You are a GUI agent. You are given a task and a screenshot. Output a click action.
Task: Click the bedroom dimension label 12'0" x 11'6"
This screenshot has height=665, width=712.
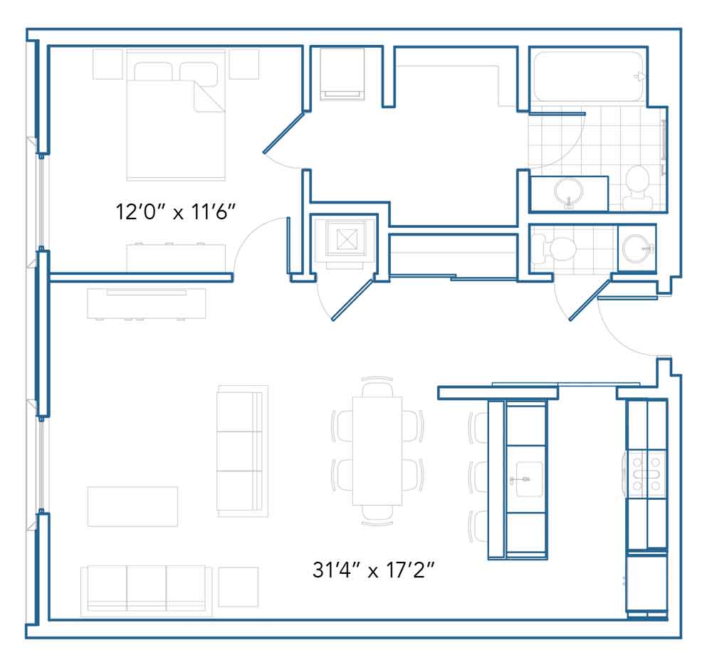(x=176, y=212)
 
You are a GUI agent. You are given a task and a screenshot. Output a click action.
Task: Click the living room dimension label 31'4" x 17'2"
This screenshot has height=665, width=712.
(x=373, y=570)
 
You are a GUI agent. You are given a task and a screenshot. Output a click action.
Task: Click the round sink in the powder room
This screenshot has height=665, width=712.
(x=637, y=248)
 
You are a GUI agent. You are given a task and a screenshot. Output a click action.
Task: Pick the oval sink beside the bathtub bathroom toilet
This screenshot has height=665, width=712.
(x=568, y=193)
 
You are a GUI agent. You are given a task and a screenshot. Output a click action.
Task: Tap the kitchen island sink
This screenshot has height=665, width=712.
(x=526, y=478)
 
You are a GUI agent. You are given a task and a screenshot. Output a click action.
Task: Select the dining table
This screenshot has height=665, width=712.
(x=377, y=451)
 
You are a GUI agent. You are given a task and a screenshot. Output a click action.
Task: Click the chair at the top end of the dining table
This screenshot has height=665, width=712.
(x=377, y=387)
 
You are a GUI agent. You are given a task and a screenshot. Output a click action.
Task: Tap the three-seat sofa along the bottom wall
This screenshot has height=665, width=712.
(x=146, y=591)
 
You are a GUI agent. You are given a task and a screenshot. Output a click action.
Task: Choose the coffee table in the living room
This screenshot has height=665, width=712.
(x=132, y=506)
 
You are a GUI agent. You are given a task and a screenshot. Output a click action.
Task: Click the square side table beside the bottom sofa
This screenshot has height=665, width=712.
(x=239, y=587)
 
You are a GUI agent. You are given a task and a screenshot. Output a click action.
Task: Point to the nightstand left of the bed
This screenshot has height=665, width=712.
(x=108, y=65)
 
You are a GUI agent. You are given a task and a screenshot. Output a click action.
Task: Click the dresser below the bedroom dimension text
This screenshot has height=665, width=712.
(x=176, y=257)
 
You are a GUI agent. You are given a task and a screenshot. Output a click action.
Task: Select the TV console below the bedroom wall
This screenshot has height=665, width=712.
(x=147, y=304)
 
